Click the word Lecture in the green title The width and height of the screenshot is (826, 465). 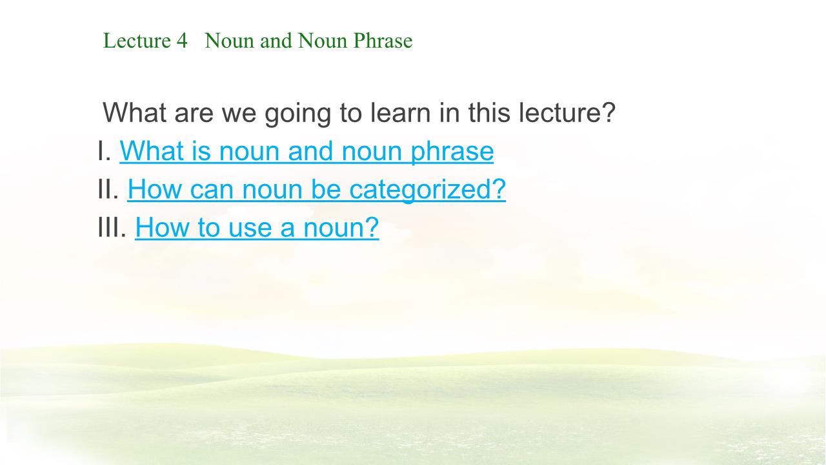coord(137,41)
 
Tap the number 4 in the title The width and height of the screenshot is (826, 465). coord(182,41)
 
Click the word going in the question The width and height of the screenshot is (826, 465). coord(297,113)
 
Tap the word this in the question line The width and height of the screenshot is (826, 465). coord(489,112)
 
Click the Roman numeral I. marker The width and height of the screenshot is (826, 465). coord(105,150)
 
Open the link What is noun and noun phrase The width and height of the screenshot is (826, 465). coord(307,151)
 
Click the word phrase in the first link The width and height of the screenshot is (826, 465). coord(452,152)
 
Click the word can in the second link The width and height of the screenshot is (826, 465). coord(212,190)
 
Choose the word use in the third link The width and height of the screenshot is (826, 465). coord(250,228)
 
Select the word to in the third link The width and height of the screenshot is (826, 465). coord(209,227)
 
